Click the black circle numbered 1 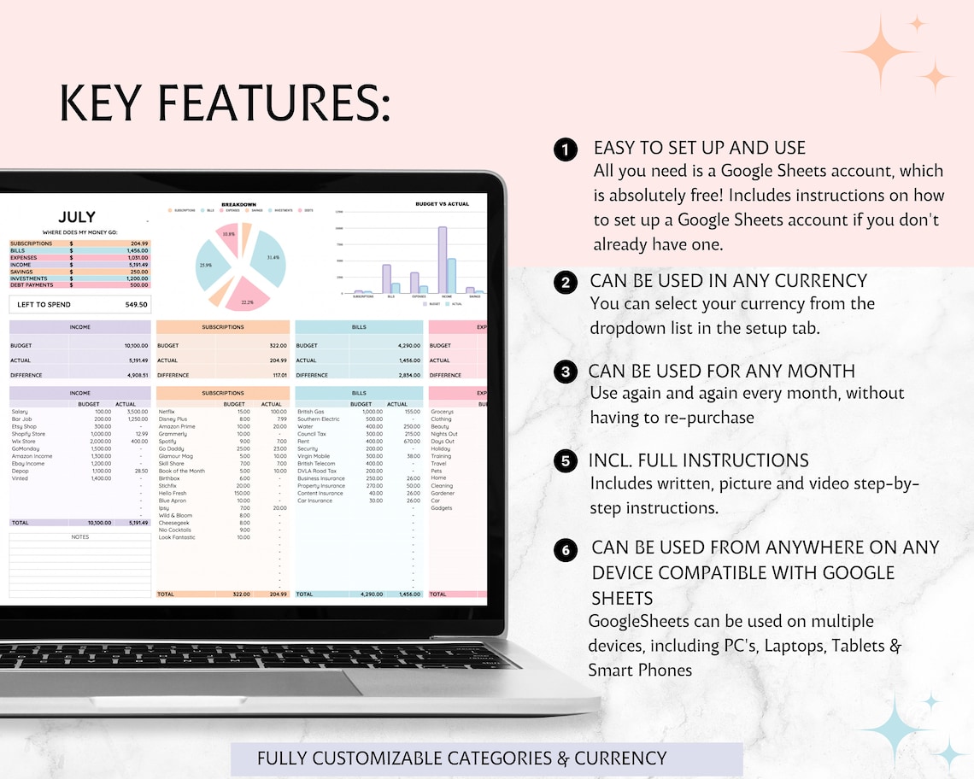565,149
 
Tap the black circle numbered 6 565,550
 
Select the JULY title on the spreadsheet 77,217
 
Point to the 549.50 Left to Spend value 136,304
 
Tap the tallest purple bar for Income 443,260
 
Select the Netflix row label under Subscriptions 167,412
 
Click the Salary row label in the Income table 20,412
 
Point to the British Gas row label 310,412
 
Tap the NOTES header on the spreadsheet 80,537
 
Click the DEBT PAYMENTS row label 31,285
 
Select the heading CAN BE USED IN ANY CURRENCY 728,281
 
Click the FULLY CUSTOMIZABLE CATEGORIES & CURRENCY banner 462,758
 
